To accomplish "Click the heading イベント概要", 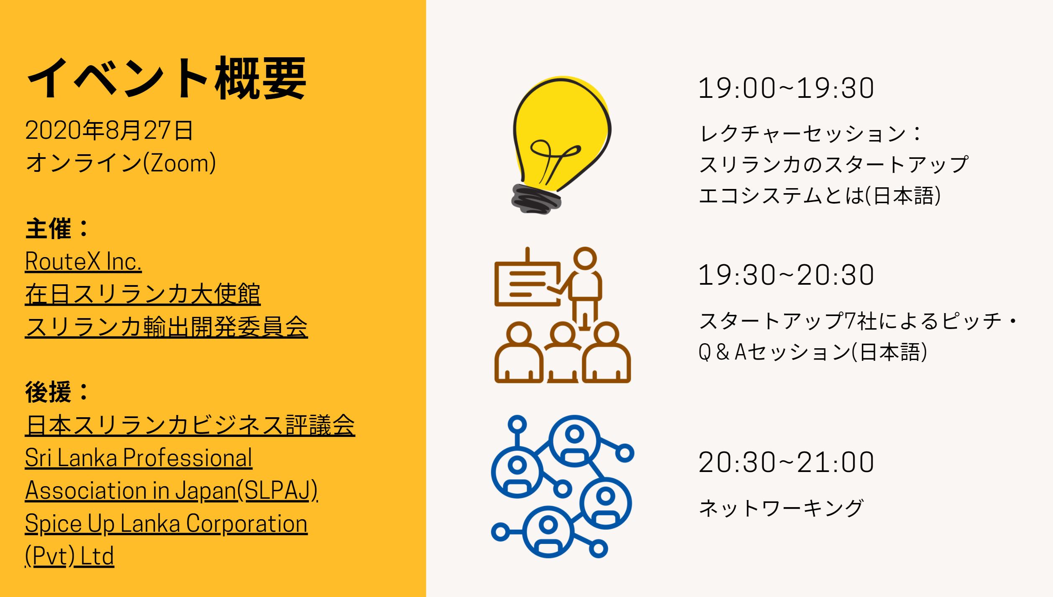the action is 166,78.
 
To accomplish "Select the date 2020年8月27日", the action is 109,130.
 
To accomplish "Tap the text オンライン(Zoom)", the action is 121,163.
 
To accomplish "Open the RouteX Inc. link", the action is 83,262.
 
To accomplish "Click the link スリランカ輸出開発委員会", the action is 166,327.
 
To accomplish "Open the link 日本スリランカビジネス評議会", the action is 190,425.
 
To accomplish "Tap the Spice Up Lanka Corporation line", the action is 166,523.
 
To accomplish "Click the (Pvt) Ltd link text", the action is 69,556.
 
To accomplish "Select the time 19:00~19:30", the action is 786,88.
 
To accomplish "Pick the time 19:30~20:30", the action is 786,275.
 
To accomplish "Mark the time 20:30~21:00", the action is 786,462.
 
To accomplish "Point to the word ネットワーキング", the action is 781,508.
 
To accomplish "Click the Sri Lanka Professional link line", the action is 139,458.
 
